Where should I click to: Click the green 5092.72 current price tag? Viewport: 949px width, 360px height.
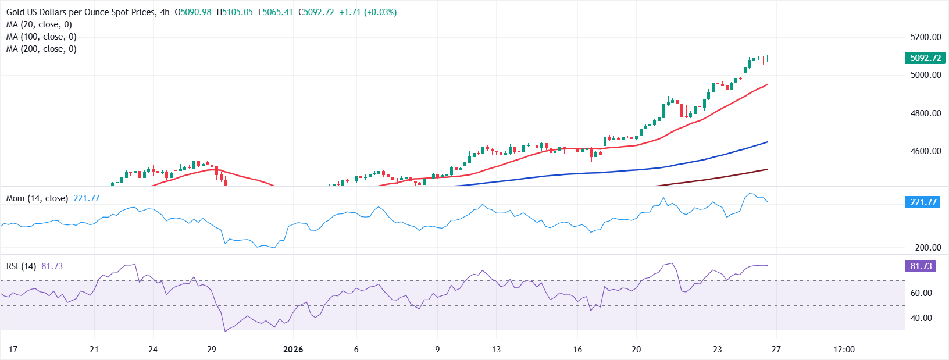925,58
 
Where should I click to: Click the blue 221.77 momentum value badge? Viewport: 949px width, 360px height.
923,202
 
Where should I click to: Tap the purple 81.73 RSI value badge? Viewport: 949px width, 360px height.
921,266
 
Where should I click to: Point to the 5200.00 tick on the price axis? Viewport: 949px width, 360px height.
926,37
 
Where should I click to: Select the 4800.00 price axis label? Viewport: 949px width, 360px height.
926,113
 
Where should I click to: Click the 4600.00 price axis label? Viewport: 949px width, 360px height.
926,151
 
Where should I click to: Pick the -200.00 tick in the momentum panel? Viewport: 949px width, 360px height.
925,248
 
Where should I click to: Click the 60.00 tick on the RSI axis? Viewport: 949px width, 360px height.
921,293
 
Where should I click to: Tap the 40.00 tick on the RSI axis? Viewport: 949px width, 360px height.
921,318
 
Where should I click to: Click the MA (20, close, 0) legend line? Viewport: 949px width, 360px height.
39,24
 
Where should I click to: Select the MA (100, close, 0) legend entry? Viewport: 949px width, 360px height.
41,37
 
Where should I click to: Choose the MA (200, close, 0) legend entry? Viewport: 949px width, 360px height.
41,49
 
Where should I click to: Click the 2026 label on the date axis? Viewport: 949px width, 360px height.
293,350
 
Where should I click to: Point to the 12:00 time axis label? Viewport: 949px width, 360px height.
844,350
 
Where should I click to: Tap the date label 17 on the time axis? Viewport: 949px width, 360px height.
13,350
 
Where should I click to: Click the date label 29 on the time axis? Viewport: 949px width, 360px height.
212,350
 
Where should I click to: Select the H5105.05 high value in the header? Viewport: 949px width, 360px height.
234,12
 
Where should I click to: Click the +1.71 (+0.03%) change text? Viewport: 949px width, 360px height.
368,12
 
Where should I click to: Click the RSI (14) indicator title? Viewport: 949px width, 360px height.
21,266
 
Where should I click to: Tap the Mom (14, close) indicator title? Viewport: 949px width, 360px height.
37,198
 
